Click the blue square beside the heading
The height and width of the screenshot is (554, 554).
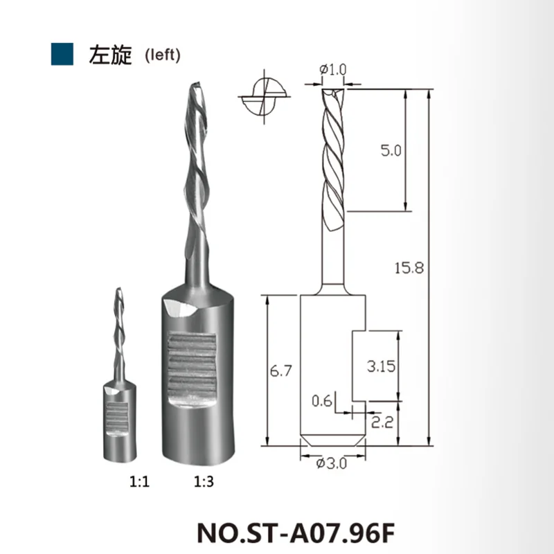tap(63, 54)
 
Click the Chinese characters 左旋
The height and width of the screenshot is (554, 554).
tap(109, 55)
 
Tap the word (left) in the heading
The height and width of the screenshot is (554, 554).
tap(162, 55)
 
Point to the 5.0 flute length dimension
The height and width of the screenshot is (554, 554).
tap(391, 150)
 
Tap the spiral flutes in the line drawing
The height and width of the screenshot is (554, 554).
tap(332, 152)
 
